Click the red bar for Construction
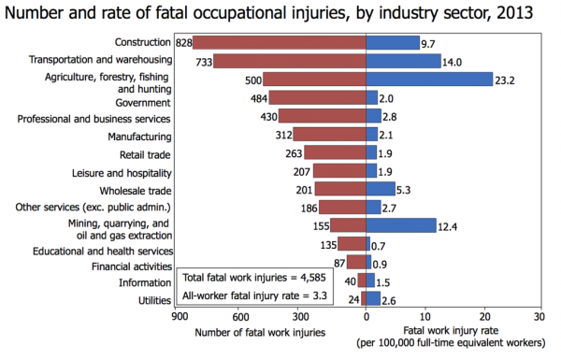click(x=280, y=43)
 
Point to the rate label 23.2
click(x=507, y=79)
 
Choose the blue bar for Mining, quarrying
click(x=401, y=225)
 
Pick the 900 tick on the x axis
click(x=174, y=317)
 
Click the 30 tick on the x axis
click(x=539, y=317)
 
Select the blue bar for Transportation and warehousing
click(x=403, y=62)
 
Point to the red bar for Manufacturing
click(x=329, y=135)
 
